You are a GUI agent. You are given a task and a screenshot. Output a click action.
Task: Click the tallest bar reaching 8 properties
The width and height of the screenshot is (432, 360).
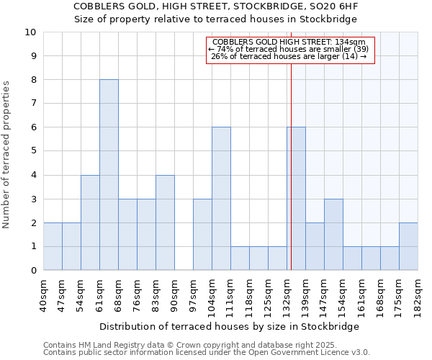coord(109,175)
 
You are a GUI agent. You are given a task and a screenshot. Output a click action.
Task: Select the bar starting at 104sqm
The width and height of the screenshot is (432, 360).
coord(221,199)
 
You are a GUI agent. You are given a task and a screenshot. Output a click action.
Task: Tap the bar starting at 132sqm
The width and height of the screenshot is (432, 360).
coord(296,199)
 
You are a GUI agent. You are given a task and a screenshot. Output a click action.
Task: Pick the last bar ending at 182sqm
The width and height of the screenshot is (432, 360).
coord(408,246)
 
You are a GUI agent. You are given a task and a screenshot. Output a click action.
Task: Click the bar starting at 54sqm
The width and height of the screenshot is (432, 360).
coord(90,222)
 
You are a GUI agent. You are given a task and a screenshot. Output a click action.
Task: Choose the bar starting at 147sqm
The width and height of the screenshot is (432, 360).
coord(333,235)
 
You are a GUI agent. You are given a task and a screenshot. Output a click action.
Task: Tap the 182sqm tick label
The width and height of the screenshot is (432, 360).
coord(418,295)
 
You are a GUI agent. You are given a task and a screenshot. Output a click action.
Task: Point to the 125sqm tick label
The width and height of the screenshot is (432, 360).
coord(268,295)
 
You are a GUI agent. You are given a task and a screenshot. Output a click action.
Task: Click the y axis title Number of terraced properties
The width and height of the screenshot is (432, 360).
coord(7,155)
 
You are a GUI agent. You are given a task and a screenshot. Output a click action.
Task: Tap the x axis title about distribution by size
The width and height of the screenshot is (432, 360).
coord(228,326)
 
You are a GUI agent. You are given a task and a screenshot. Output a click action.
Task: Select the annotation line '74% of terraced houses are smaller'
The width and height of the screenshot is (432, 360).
coord(291,49)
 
